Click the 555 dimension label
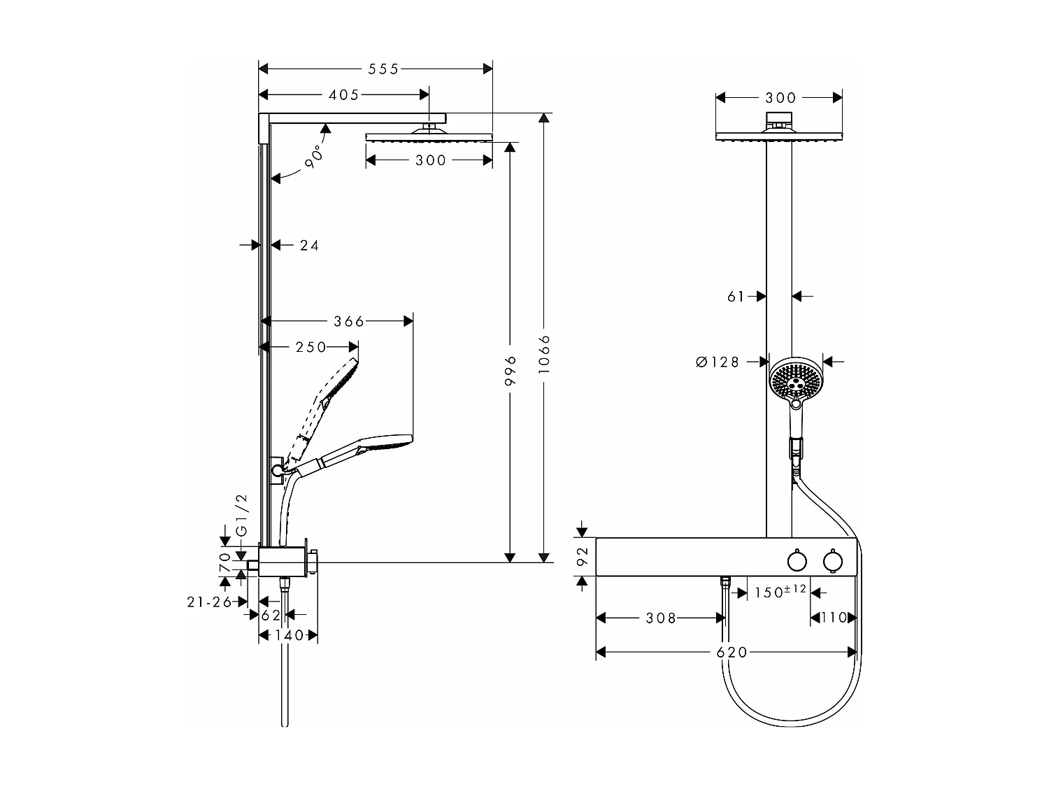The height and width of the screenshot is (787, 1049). [384, 69]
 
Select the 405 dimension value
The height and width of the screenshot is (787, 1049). [343, 94]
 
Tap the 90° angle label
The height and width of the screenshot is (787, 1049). [314, 155]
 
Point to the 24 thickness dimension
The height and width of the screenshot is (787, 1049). [309, 245]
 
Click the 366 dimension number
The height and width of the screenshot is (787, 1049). [349, 321]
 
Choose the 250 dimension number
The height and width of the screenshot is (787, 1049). [311, 347]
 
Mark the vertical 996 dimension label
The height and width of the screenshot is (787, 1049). [511, 370]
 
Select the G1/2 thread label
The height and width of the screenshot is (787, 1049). [241, 515]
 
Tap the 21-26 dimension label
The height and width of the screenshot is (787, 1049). [209, 602]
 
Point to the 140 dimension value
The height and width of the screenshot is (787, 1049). [290, 635]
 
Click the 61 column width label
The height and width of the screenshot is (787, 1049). [736, 297]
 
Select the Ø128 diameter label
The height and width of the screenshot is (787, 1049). [718, 362]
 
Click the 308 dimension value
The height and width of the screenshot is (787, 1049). [661, 618]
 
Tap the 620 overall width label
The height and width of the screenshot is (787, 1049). [732, 652]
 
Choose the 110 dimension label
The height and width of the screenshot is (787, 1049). [833, 618]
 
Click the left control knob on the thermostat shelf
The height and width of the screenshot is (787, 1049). [796, 561]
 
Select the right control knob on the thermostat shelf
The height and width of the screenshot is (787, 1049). [832, 561]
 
